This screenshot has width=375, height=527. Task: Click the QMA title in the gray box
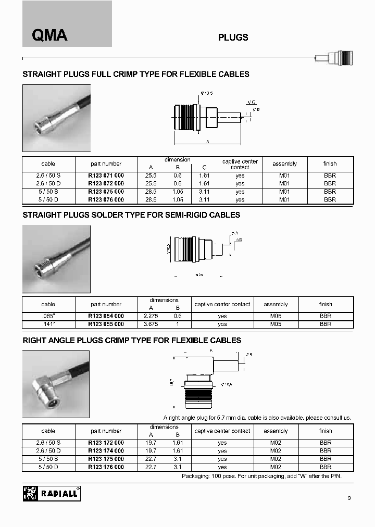49,35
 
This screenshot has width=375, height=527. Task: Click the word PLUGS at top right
233,37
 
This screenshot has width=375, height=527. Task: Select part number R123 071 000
106,176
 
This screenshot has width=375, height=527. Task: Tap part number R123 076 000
106,199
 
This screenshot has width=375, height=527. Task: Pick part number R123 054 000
106,316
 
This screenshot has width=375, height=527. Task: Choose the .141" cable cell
48,324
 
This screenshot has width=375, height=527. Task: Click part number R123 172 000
106,443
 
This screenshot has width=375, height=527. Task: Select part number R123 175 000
106,459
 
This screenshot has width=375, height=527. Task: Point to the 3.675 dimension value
151,324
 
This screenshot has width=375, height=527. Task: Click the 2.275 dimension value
151,316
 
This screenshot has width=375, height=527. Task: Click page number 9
349,498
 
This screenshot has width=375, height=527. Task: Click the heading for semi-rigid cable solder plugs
131,215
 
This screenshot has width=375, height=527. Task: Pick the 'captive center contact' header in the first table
240,164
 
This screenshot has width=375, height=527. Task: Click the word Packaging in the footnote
196,476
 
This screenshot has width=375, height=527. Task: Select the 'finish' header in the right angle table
326,431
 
